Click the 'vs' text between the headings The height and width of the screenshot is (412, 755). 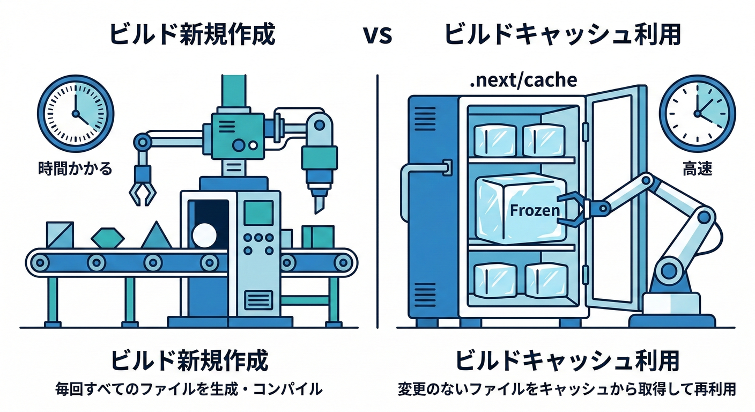(377, 35)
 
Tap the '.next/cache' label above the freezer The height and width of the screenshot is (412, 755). (523, 80)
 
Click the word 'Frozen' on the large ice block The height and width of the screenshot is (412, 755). (535, 210)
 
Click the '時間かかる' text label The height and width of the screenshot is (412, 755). (76, 168)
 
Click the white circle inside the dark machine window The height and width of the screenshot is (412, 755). (204, 234)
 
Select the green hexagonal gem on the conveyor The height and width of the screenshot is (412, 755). (108, 237)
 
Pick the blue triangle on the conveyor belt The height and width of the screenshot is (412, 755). (157, 236)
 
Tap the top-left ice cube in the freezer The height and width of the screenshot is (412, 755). (495, 140)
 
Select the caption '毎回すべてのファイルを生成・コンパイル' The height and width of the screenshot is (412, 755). (189, 389)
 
